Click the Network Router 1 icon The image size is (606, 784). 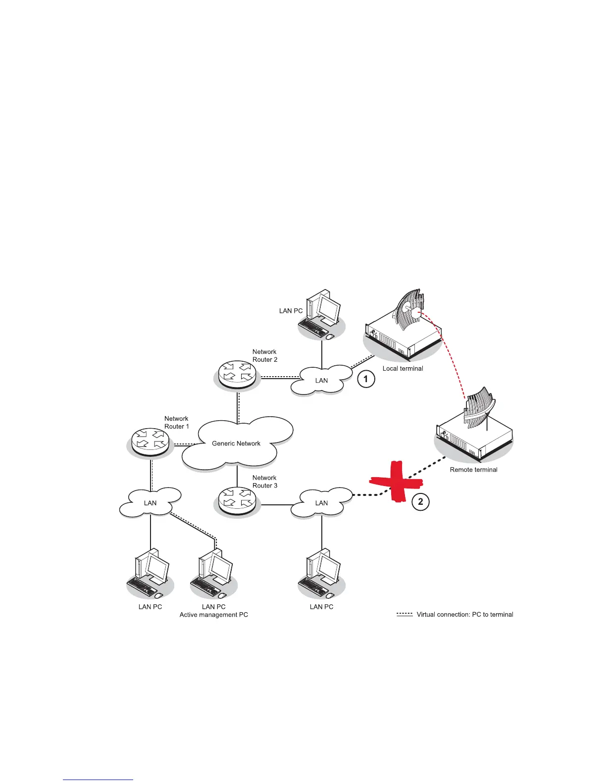click(x=150, y=441)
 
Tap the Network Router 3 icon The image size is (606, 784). click(x=237, y=501)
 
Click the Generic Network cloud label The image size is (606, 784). click(x=236, y=443)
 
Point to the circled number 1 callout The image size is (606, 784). click(x=366, y=380)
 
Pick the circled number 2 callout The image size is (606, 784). click(x=420, y=502)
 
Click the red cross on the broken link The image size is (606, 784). click(x=396, y=483)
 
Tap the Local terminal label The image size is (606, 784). click(x=403, y=368)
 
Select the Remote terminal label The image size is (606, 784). click(x=473, y=470)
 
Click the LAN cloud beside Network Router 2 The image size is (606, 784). click(x=321, y=380)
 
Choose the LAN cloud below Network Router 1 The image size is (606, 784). click(x=150, y=503)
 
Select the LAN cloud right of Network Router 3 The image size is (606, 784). click(x=321, y=503)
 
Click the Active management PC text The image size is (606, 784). click(x=213, y=615)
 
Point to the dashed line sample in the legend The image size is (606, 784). click(x=404, y=614)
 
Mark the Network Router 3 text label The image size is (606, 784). click(x=265, y=482)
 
